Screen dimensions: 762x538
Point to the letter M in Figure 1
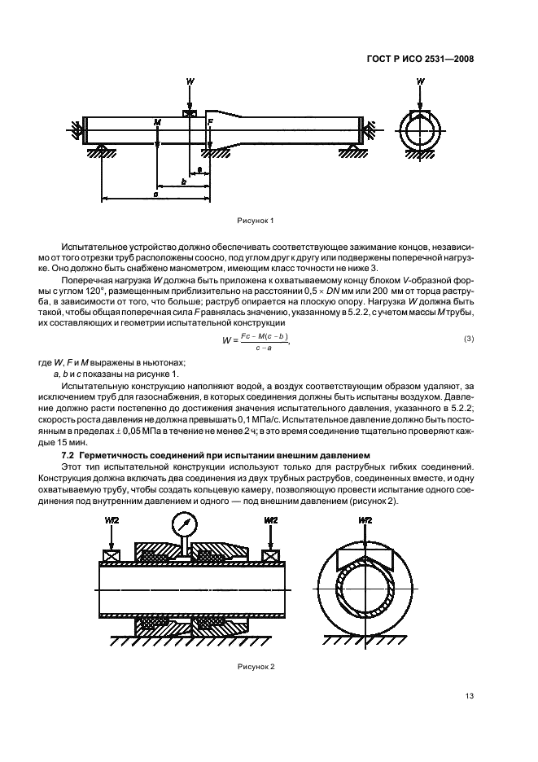coord(157,122)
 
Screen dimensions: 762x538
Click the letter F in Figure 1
coord(210,122)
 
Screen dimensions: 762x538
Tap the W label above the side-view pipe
coord(190,82)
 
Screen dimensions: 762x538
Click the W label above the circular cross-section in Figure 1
coord(420,82)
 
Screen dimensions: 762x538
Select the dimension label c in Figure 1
coord(155,194)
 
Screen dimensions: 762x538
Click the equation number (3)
coord(469,338)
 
